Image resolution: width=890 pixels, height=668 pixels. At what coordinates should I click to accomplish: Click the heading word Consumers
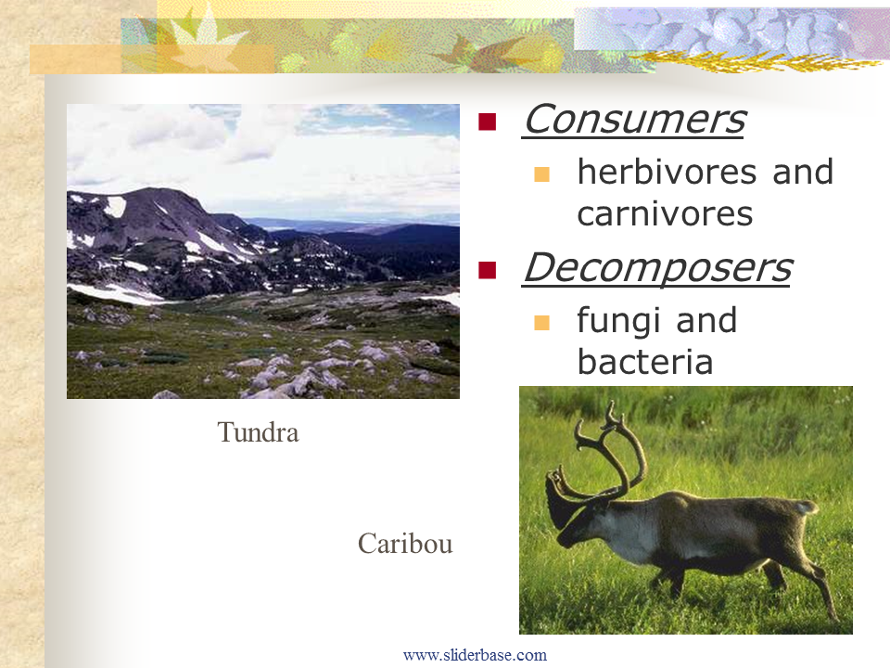(634, 120)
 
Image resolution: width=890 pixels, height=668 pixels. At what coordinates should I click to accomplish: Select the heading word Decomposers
(657, 267)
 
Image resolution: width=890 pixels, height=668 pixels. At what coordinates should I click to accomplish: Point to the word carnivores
(665, 214)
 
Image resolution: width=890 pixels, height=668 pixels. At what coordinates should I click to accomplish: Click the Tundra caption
(258, 432)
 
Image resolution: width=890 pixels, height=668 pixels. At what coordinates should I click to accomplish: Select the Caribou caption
(405, 544)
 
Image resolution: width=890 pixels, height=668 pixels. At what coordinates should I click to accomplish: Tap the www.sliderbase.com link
(475, 655)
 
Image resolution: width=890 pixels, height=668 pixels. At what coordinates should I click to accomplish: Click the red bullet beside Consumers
(487, 122)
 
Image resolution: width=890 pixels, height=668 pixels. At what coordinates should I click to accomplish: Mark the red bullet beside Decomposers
(487, 270)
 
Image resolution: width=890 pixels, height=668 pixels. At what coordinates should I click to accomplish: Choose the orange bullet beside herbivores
(541, 174)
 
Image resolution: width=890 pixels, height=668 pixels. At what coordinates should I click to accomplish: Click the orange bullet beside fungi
(541, 323)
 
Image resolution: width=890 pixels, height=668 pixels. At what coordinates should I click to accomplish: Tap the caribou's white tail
(806, 507)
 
